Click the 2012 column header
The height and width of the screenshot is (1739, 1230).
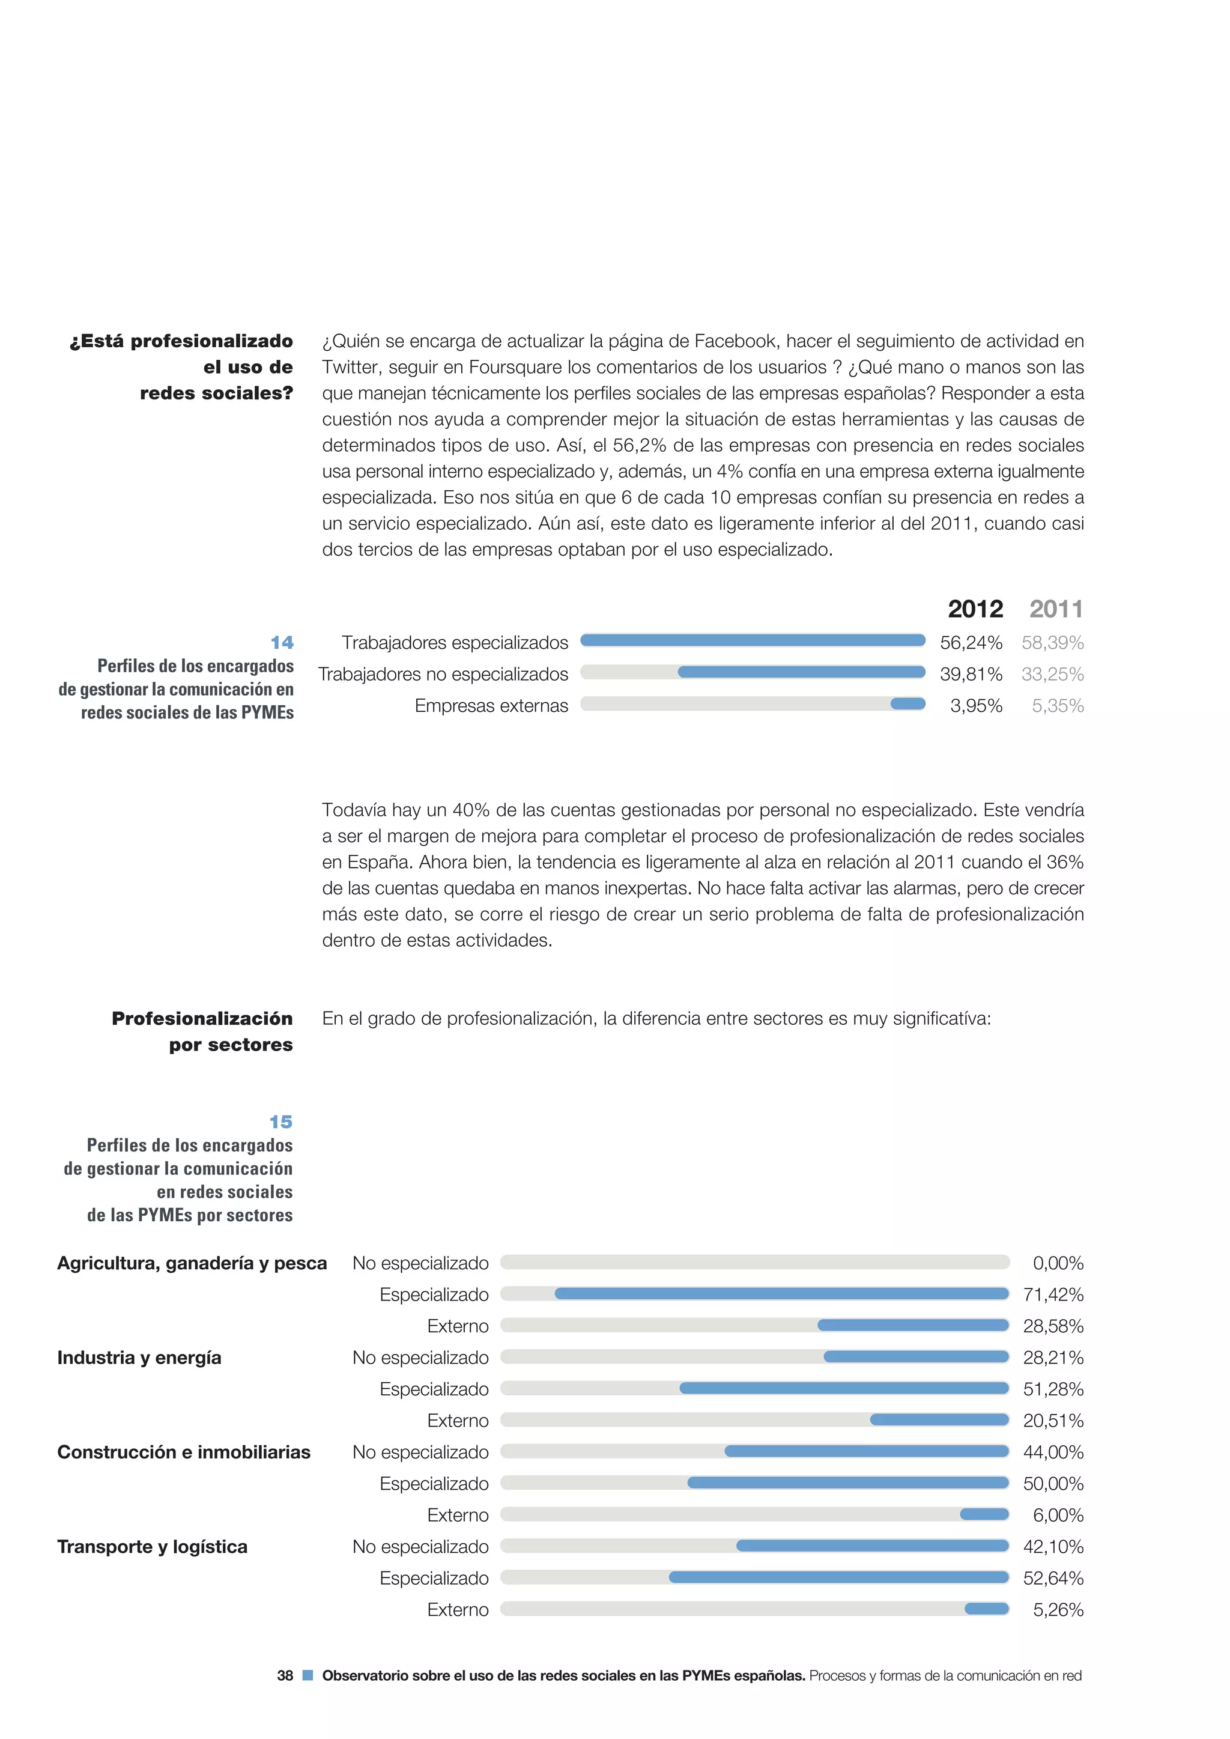pos(975,609)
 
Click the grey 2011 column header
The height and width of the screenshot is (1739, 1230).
pos(1056,609)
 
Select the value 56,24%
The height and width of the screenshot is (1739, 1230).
pos(971,643)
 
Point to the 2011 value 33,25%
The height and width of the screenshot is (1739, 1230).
pos(1052,674)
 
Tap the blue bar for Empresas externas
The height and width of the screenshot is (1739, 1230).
pos(907,705)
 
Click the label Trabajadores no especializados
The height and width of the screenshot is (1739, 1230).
pos(443,674)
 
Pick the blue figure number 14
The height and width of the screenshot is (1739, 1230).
pos(282,643)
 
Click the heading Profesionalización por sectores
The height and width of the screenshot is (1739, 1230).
pos(202,1031)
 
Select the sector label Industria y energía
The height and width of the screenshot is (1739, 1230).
pos(139,1358)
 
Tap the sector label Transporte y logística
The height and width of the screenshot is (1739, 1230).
pos(152,1547)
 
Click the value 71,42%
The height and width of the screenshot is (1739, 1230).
pos(1053,1295)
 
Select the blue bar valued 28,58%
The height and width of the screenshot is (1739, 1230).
pos(913,1326)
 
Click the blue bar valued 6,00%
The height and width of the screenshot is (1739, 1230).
pos(984,1514)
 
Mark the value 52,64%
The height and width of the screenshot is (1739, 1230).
pos(1053,1579)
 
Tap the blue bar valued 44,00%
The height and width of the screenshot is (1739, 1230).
pos(867,1451)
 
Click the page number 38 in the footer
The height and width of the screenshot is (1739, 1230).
pos(285,1676)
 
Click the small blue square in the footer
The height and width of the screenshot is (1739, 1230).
pos(307,1675)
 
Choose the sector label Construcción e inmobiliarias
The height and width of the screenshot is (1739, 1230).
pos(184,1452)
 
